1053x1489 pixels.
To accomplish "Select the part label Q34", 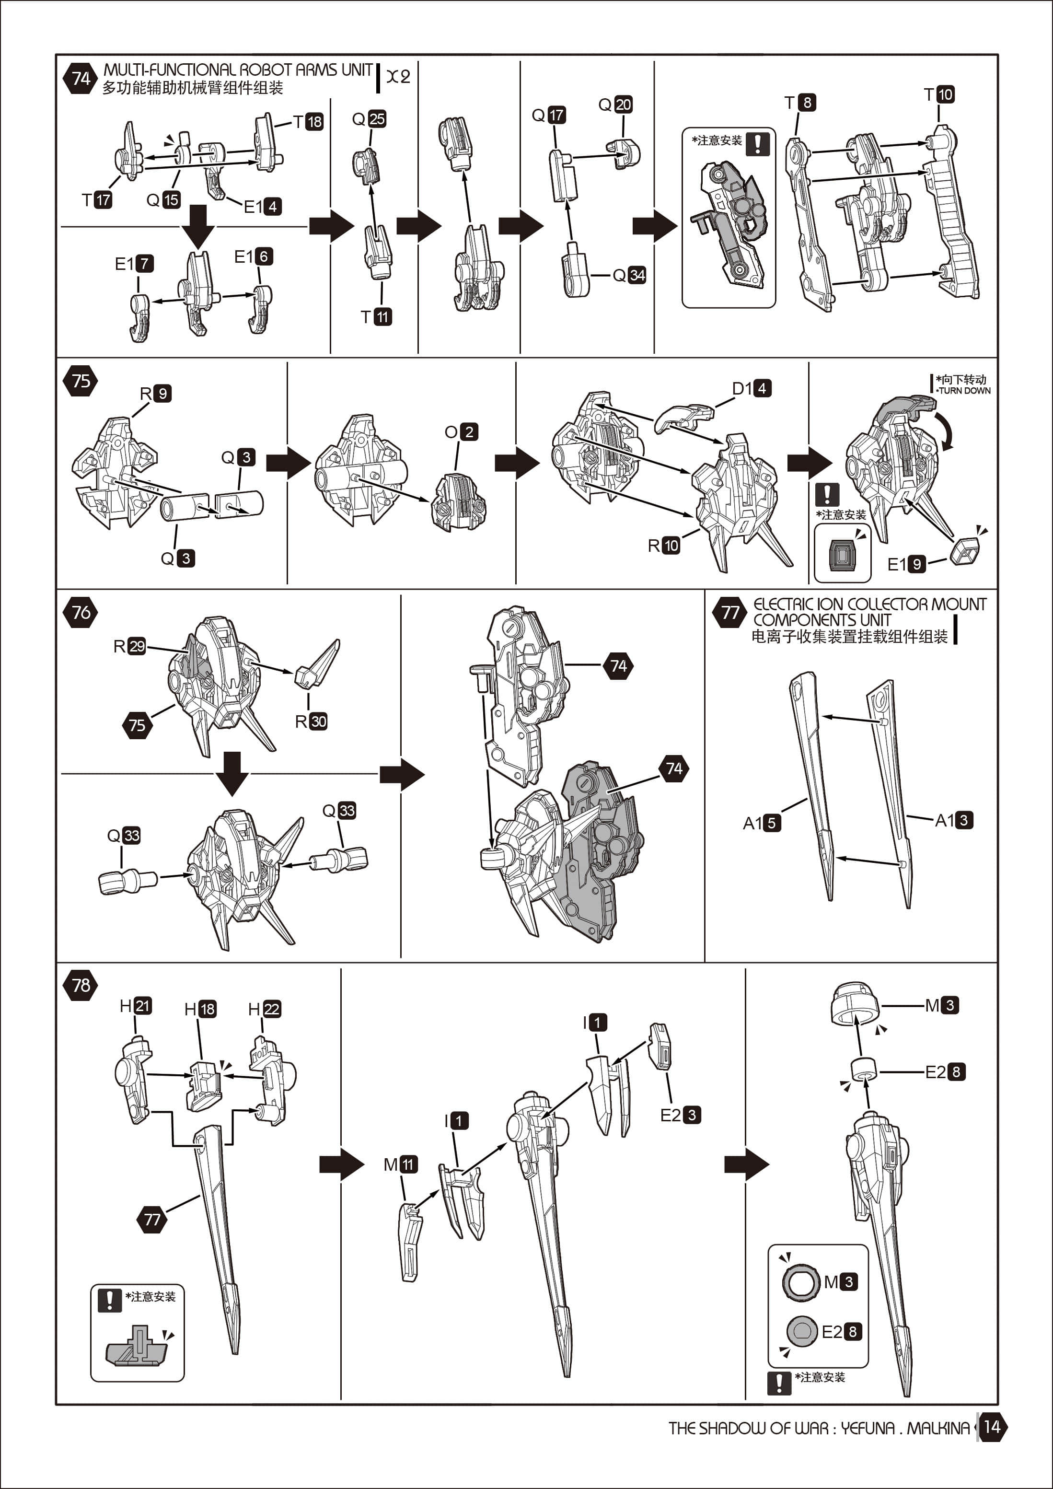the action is point(629,275).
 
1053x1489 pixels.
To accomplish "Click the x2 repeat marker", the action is point(398,77).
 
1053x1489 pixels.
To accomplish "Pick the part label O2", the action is point(461,432).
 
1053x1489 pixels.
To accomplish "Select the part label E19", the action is point(906,564).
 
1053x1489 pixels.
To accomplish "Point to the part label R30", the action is point(311,721).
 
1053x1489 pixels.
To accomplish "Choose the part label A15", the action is point(762,823).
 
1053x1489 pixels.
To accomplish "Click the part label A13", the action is point(954,820).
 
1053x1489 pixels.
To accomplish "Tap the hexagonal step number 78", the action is point(81,985).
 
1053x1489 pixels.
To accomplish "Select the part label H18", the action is point(200,1009).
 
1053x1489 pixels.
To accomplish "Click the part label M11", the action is point(401,1164).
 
